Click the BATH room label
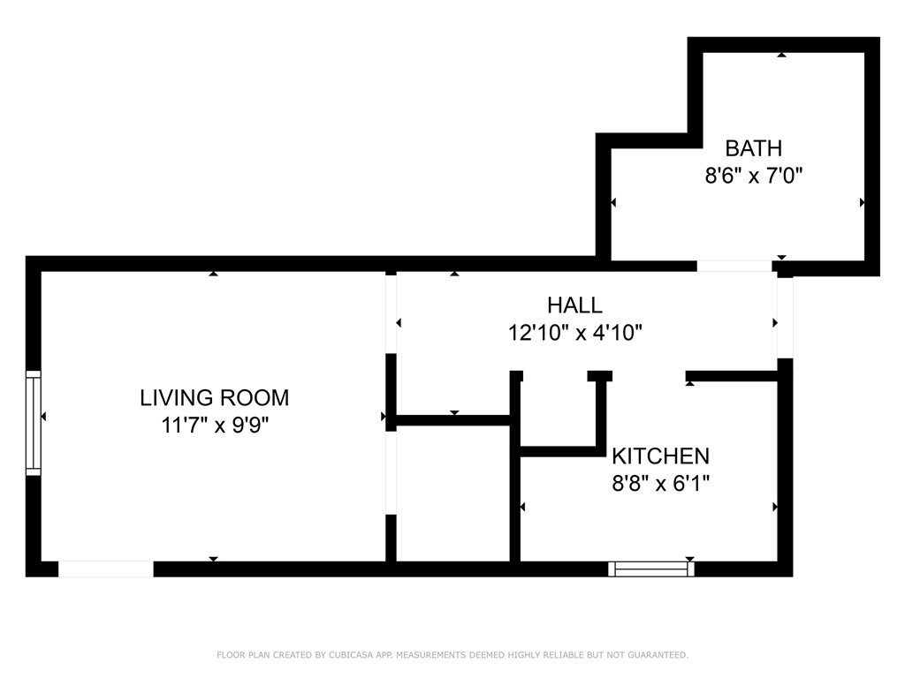pos(753,148)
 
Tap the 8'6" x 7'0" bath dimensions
pos(754,175)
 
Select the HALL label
pos(574,305)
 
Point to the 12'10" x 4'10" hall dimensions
pos(574,333)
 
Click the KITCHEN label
pos(660,456)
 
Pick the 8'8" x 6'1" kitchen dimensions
pos(660,483)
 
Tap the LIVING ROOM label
pos(214,398)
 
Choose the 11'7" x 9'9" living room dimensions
pos(214,426)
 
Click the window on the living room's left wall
pos(34,423)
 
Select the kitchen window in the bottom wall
pos(651,569)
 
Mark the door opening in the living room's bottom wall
pos(106,569)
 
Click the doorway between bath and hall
pos(734,266)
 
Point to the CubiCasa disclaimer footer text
pos(452,655)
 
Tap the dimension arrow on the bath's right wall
pos(863,202)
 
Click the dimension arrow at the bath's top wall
pos(781,55)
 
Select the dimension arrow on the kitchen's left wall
pos(522,507)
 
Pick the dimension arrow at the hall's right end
pos(775,323)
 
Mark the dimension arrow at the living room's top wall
pos(214,274)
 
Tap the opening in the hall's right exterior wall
pos(785,318)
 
